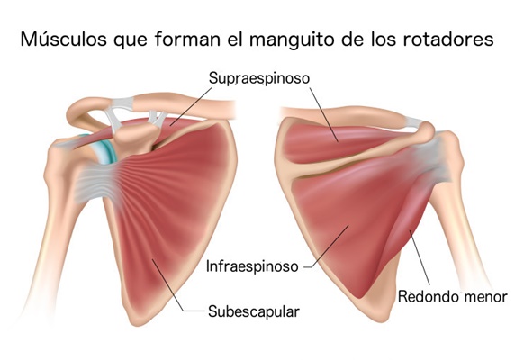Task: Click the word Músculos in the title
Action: pyautogui.click(x=63, y=39)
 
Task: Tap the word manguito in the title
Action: pyautogui.click(x=293, y=40)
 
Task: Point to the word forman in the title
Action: pyautogui.click(x=188, y=39)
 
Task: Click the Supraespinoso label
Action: pyautogui.click(x=259, y=78)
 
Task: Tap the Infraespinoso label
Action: pyautogui.click(x=252, y=266)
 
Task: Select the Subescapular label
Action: pyautogui.click(x=254, y=311)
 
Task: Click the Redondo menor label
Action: pyautogui.click(x=453, y=297)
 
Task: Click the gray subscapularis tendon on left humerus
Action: pyautogui.click(x=94, y=184)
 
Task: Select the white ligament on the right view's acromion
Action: pyautogui.click(x=413, y=123)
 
